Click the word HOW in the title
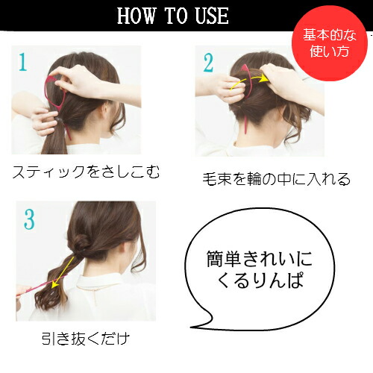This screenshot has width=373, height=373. [136, 16]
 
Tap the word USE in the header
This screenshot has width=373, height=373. [211, 16]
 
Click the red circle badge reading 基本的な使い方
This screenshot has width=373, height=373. [329, 43]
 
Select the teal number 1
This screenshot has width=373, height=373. [22, 62]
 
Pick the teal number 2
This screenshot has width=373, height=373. [208, 63]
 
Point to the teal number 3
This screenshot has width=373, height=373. [29, 219]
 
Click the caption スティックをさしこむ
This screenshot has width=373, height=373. [86, 172]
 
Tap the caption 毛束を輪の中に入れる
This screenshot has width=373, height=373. [276, 179]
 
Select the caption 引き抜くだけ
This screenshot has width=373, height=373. [86, 338]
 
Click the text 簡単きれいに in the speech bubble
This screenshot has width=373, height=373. [260, 259]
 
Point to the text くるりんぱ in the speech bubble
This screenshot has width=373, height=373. [260, 280]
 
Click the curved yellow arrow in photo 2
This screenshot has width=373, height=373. [248, 80]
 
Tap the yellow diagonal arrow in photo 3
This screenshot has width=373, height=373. [62, 272]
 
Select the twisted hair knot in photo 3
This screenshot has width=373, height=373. [82, 242]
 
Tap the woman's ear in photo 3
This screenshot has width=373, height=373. [125, 252]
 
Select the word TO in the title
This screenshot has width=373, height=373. [175, 16]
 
